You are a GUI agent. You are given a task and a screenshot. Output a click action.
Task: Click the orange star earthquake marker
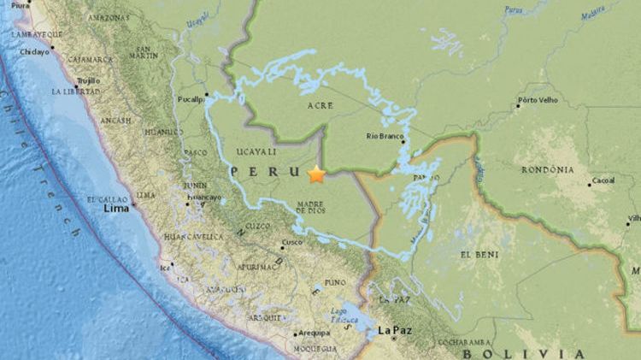[x=316, y=174]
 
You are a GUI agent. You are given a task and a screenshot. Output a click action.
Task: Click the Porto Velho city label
[x=538, y=107]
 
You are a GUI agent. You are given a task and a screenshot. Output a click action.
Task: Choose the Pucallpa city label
[x=191, y=99]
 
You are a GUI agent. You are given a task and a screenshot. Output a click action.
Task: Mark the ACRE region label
[x=320, y=106]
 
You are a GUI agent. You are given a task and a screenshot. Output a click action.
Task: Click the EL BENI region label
[x=475, y=255]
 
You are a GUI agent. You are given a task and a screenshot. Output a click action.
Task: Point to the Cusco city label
[x=292, y=242]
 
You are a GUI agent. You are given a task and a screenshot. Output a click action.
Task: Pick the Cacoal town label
[x=604, y=182]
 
